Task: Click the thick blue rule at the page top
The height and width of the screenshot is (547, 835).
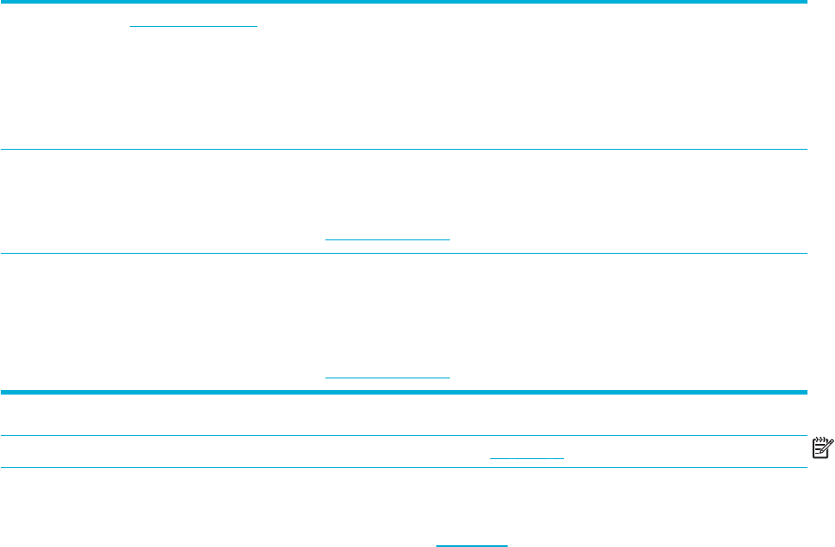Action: [404, 4]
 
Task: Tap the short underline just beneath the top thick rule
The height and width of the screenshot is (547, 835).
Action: [193, 25]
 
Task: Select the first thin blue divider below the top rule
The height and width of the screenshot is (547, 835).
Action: [404, 150]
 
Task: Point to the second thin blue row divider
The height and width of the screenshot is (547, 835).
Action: [404, 254]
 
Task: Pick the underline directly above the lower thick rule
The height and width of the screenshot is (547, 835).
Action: [387, 377]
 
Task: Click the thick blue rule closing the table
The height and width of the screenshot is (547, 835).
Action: [404, 392]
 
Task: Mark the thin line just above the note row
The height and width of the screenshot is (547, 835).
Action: [404, 436]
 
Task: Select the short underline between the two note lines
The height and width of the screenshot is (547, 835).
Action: [526, 458]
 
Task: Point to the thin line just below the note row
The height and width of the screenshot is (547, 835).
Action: [404, 468]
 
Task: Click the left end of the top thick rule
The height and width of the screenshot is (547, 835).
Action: [3, 4]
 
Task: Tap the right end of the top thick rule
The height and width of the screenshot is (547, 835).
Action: [805, 4]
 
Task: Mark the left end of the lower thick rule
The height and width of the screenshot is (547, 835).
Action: [3, 392]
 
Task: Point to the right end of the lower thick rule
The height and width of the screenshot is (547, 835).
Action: [805, 392]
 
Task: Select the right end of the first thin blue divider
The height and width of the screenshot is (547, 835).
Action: [805, 150]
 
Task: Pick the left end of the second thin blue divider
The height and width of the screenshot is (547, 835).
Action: [3, 254]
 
